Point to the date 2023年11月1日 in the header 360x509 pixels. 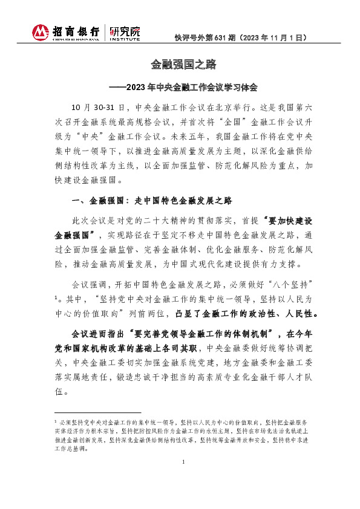[275, 37]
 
